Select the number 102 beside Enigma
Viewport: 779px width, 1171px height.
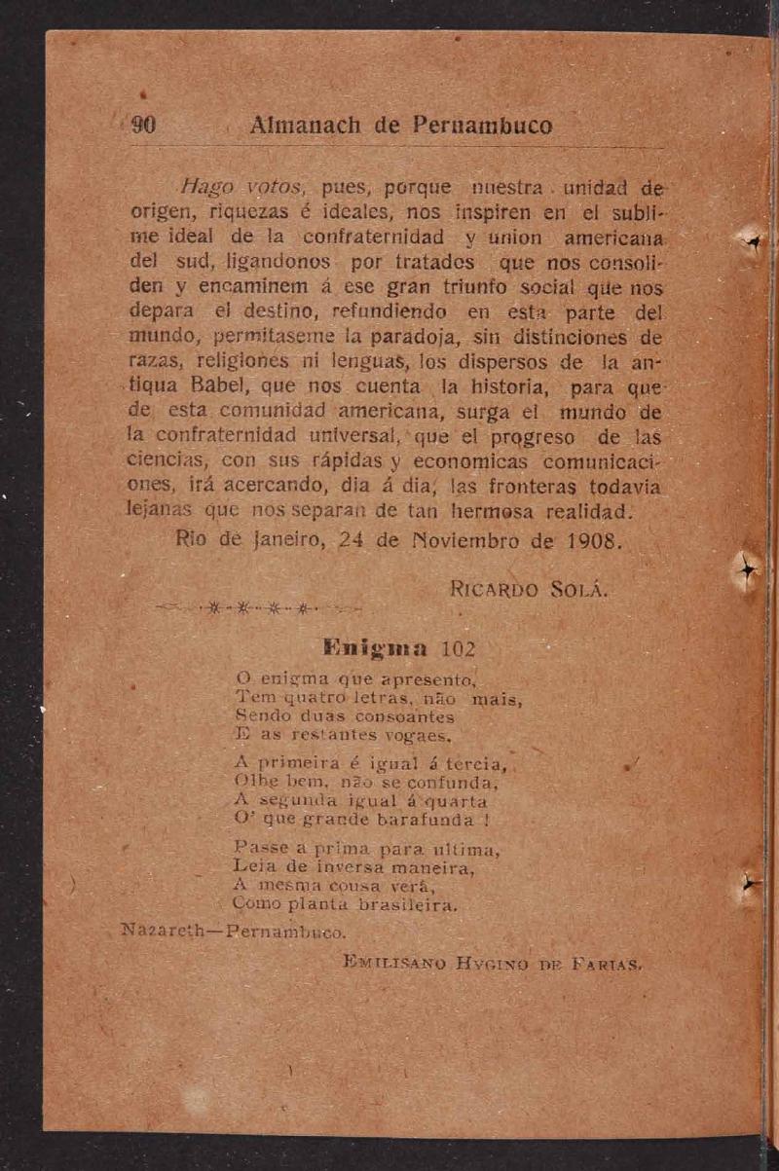coord(457,648)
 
